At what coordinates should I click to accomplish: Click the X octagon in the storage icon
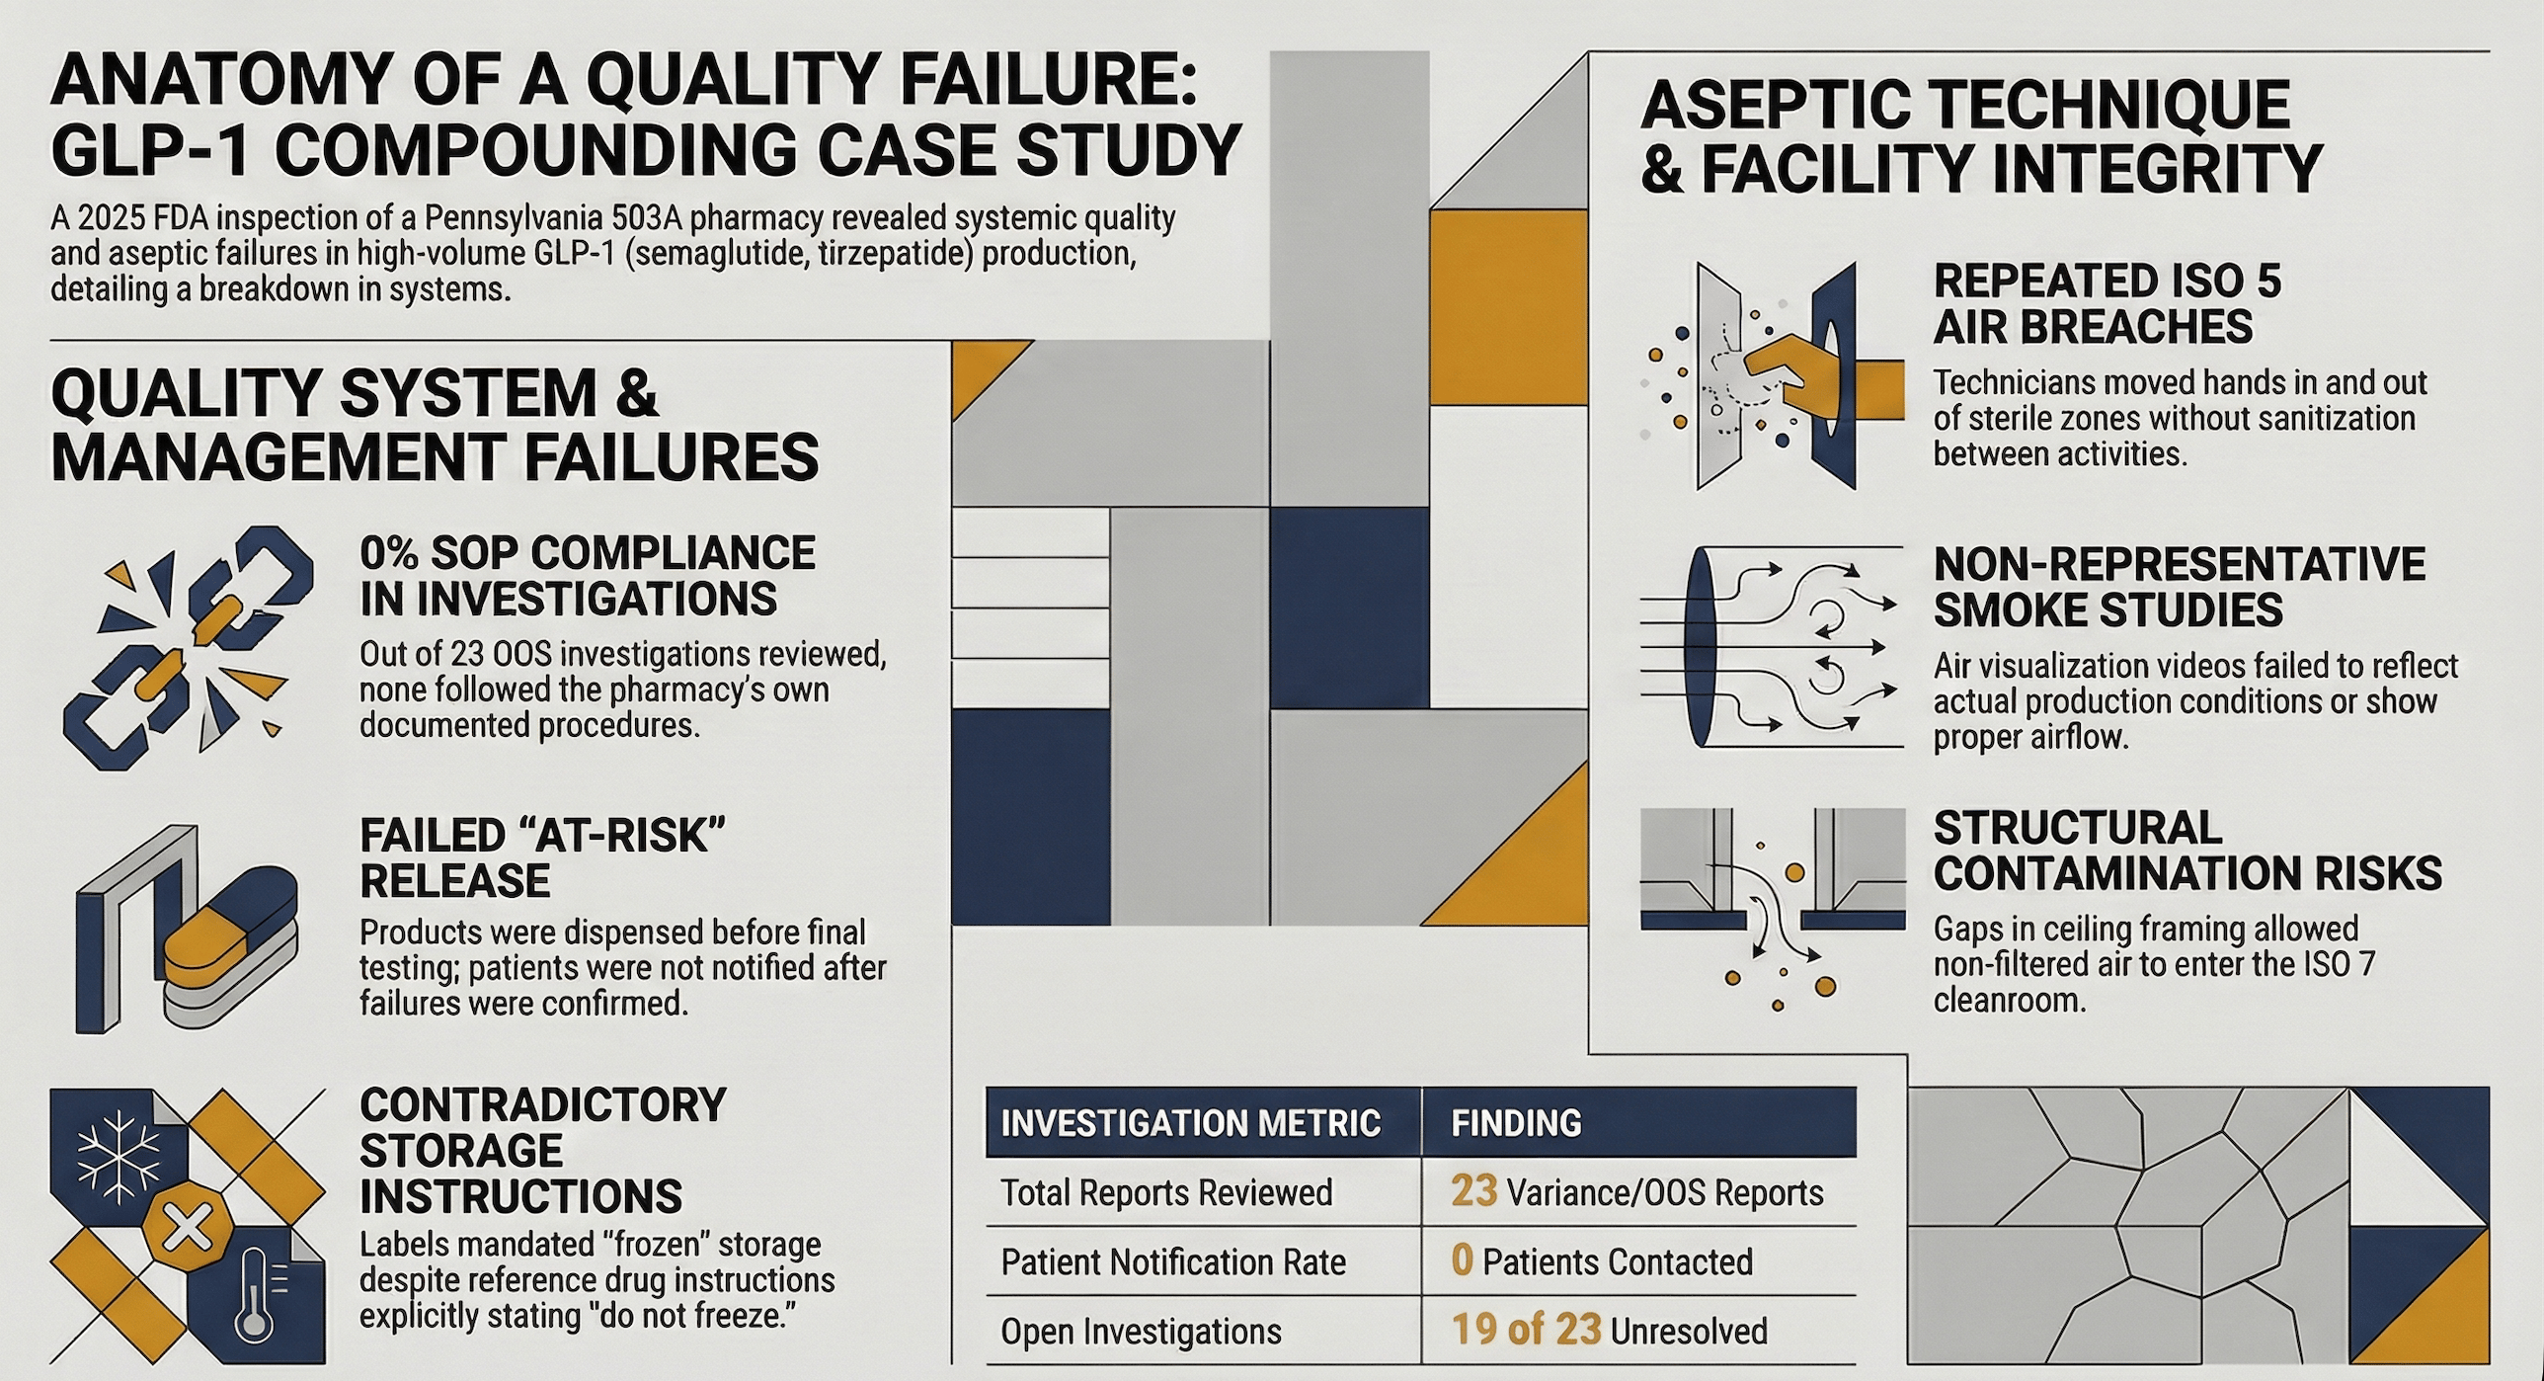184,1229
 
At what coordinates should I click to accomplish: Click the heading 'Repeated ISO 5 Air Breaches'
2107,303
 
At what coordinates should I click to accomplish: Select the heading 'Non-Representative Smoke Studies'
2179,587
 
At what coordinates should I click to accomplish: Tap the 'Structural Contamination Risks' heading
2186,851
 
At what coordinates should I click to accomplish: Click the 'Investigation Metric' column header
1190,1123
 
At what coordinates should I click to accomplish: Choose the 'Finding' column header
1516,1123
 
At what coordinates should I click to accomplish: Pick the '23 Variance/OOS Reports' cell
1636,1192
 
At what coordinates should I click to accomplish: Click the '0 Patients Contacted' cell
1602,1261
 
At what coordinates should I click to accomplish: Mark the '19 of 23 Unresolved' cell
1609,1331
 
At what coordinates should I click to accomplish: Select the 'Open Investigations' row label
1141,1332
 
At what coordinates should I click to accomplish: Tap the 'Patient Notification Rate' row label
1173,1262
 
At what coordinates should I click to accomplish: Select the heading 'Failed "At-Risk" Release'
542,857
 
